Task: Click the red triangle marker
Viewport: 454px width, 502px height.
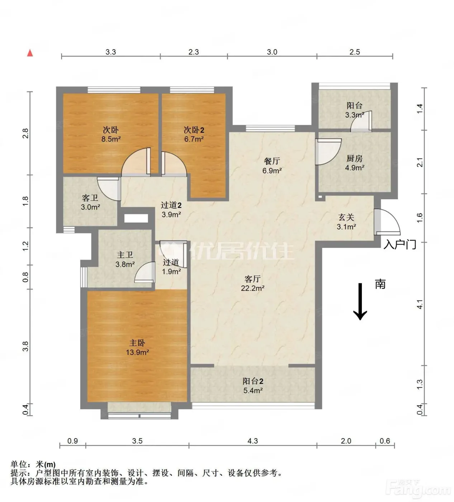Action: [x=30, y=53]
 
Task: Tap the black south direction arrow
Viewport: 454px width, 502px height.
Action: [x=360, y=302]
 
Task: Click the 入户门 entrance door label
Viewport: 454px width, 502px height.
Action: [x=400, y=245]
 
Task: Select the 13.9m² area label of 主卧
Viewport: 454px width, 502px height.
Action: [x=137, y=352]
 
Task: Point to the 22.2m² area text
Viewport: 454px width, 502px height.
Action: [x=252, y=288]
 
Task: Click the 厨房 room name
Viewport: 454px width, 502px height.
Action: [x=354, y=158]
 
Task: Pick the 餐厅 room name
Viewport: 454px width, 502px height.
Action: [x=272, y=161]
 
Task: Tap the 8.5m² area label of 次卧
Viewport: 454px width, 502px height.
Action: [x=111, y=139]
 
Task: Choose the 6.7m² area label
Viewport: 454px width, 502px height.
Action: [x=194, y=139]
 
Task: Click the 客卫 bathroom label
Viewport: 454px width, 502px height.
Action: [x=90, y=198]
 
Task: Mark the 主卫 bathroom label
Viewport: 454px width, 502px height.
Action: [x=125, y=255]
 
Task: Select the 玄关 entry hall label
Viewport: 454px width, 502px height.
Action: [x=346, y=217]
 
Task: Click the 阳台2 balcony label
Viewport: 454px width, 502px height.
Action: [x=253, y=381]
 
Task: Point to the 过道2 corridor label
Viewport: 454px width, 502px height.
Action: [x=171, y=205]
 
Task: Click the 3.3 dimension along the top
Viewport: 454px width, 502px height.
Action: [x=110, y=52]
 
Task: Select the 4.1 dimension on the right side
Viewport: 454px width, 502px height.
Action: [x=420, y=304]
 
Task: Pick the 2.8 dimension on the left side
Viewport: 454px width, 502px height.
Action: [x=25, y=133]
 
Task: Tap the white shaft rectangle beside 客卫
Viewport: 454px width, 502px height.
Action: [x=136, y=218]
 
